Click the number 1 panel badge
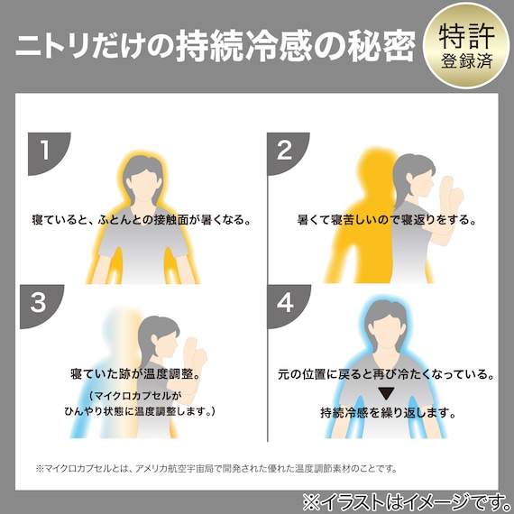coord(41,150)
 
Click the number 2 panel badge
coord(282,150)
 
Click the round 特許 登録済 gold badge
coord(465,44)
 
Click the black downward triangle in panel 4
coord(386,394)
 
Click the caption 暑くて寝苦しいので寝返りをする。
coord(387,219)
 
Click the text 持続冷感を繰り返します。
coord(387,416)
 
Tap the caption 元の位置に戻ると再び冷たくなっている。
coord(387,373)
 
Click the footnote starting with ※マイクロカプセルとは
coord(216,468)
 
